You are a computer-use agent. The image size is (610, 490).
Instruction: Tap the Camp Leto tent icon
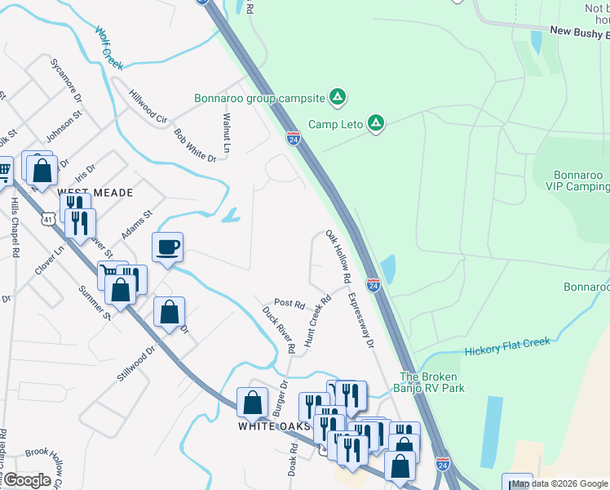coord(375,124)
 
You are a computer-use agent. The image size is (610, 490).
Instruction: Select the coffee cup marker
coord(167,246)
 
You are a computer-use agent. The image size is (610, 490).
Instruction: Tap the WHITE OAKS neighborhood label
coord(274,426)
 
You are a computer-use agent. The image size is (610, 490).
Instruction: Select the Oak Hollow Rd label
coord(338,257)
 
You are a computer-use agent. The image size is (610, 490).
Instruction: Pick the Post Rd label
coord(289,304)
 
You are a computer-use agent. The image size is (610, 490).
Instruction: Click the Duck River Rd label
coord(279,329)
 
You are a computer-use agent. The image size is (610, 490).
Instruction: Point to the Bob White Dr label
coord(195,145)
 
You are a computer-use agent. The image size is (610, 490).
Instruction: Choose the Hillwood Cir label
coord(149,105)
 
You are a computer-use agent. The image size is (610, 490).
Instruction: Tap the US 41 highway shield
coord(48,220)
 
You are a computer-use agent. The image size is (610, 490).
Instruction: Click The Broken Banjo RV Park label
coord(432,382)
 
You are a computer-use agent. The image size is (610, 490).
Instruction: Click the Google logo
coord(27,479)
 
